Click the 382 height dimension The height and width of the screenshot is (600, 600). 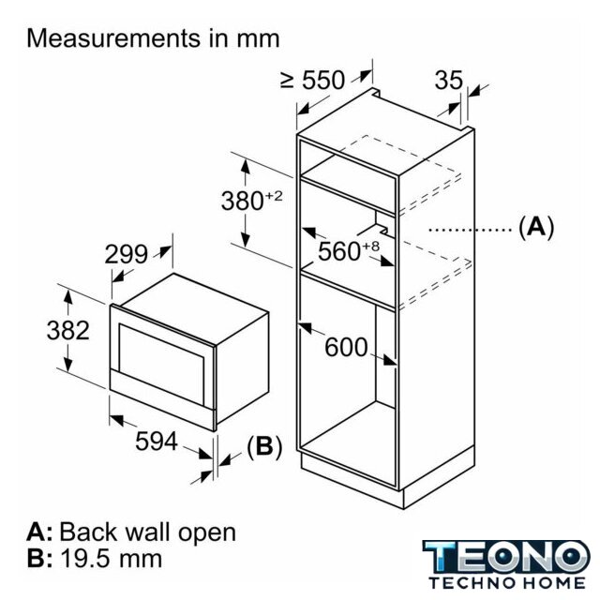pos(68,330)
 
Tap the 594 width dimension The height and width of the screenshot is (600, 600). pos(157,442)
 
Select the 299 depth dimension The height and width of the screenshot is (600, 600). pos(127,254)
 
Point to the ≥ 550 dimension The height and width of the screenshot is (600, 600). pos(312,81)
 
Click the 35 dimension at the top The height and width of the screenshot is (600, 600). pos(449,81)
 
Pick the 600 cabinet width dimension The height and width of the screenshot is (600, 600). pos(346,348)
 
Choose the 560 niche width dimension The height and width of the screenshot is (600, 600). pos(339,251)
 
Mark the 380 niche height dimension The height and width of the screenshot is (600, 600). pos(243,201)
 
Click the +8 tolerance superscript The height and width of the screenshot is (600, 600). pos(370,246)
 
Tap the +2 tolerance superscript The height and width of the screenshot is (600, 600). pos(274,196)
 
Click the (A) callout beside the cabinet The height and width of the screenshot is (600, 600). pos(536,227)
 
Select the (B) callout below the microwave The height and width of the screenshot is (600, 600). pos(264,446)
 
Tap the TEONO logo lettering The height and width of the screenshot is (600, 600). pos(506,557)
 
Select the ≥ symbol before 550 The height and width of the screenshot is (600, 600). pos(288,81)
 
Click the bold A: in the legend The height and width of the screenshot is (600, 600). pos(39,532)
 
